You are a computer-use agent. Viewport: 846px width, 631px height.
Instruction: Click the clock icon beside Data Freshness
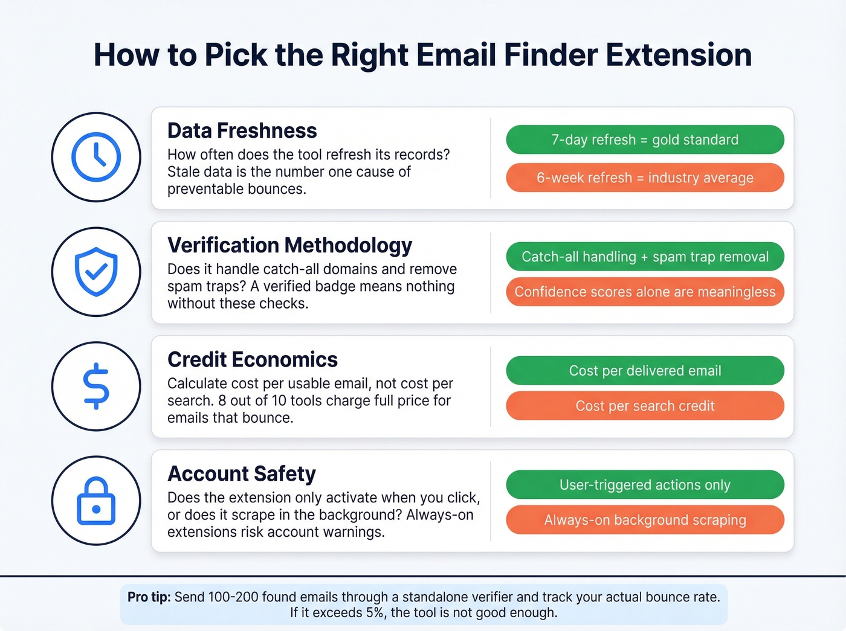pos(96,157)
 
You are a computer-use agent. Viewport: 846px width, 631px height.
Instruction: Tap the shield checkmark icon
pos(96,272)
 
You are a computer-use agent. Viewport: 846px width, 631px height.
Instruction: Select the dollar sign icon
pos(96,386)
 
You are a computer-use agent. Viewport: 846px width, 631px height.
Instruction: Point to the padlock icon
pos(96,501)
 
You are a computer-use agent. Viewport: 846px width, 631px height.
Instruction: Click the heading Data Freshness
pos(242,130)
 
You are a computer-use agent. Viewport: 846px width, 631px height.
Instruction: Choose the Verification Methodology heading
pos(289,245)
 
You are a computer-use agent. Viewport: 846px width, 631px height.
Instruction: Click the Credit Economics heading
pos(252,359)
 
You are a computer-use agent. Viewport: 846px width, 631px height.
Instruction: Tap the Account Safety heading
pos(241,474)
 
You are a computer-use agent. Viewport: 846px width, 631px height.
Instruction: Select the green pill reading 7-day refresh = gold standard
pos(645,139)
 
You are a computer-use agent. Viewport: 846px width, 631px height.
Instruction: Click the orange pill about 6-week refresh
pos(645,178)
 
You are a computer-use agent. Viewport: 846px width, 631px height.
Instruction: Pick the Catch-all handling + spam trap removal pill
pos(645,257)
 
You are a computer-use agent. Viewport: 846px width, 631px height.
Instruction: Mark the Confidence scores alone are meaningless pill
pos(645,292)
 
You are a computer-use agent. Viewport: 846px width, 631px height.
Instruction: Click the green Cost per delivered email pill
pos(645,371)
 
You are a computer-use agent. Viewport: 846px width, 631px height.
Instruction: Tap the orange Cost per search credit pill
pos(645,406)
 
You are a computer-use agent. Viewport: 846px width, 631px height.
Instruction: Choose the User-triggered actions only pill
pos(645,485)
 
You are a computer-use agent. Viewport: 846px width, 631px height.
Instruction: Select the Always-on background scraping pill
pos(645,520)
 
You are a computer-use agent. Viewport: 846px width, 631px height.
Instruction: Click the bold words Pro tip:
pos(149,597)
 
